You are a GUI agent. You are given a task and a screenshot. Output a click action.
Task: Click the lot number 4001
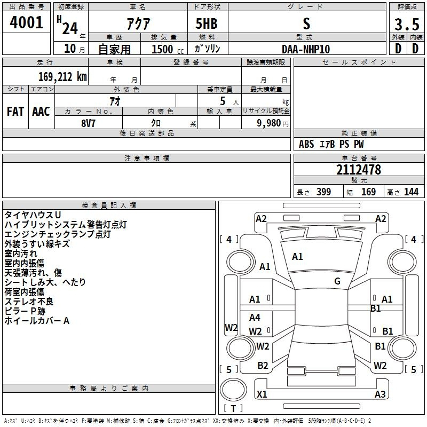[26, 22]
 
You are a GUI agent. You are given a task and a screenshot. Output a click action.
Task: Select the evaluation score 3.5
[407, 24]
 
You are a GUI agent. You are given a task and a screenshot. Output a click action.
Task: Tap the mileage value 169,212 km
[62, 77]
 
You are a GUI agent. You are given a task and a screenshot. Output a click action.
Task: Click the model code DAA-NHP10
[306, 49]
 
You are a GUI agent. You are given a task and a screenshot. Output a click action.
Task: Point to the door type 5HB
[207, 23]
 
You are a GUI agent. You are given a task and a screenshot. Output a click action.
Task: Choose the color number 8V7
[88, 123]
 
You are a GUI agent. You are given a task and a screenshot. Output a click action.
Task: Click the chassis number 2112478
[359, 170]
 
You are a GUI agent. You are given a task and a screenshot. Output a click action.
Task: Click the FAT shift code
[15, 112]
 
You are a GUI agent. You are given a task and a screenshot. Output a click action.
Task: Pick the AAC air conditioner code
[41, 112]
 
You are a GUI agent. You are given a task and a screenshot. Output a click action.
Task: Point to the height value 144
[411, 192]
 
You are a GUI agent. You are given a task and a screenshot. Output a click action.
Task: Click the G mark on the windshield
[337, 281]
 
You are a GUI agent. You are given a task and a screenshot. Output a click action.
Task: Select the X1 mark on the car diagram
[262, 394]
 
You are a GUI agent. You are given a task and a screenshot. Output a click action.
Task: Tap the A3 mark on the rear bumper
[380, 394]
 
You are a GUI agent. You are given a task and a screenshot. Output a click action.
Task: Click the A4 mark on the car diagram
[255, 317]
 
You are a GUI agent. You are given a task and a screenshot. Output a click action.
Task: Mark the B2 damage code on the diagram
[263, 365]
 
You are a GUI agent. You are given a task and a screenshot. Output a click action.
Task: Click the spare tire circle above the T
[233, 390]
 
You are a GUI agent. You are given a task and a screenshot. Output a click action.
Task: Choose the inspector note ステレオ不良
[29, 302]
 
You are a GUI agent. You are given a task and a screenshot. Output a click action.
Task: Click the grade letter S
[306, 23]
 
